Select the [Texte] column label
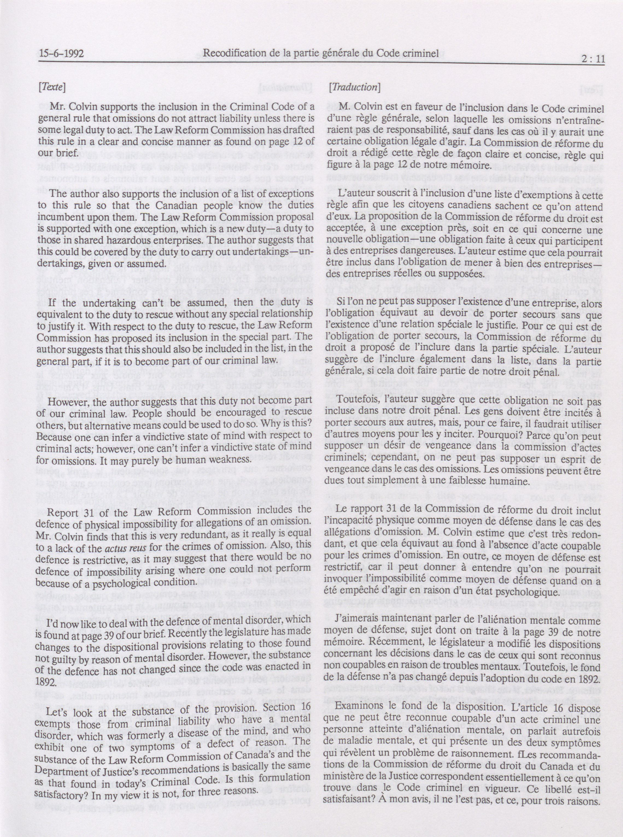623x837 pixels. tap(52, 88)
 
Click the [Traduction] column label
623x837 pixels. tap(354, 87)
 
